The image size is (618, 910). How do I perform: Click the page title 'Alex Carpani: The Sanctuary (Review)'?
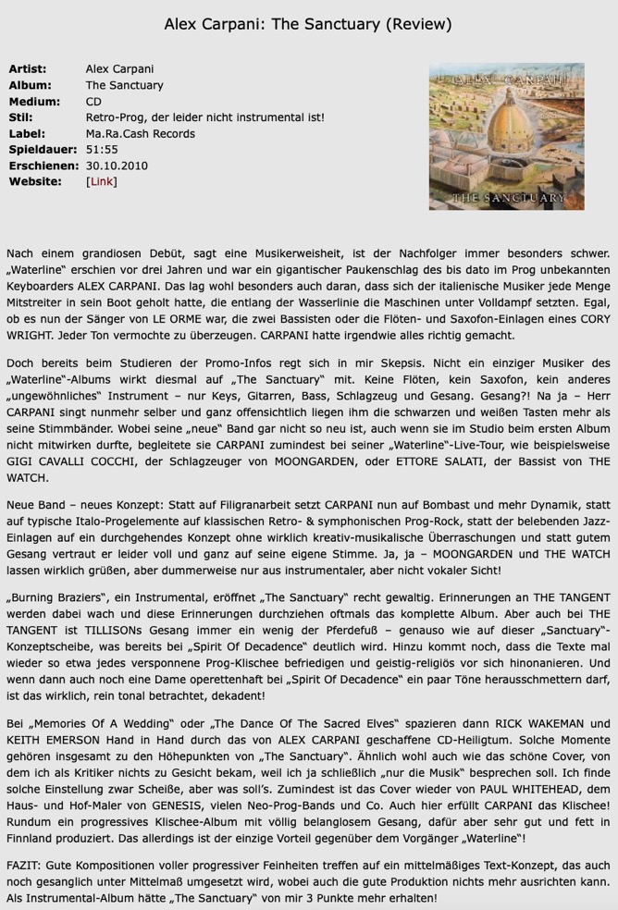(x=308, y=23)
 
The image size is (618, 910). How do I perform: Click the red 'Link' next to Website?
(x=101, y=181)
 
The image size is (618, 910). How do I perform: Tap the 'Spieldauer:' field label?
(x=42, y=150)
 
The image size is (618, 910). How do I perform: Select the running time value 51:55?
(x=102, y=150)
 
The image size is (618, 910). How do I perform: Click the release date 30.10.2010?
(x=117, y=166)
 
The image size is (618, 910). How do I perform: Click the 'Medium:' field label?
(x=34, y=102)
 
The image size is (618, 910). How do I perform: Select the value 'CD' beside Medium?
(x=93, y=102)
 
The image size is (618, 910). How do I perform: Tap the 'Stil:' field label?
(x=20, y=117)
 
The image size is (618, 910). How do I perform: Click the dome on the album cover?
(x=506, y=129)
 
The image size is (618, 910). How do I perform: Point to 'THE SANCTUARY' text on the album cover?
(x=508, y=197)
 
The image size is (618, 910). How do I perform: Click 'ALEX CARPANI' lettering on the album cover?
(x=506, y=81)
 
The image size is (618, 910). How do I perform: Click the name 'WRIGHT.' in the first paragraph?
(x=33, y=335)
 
